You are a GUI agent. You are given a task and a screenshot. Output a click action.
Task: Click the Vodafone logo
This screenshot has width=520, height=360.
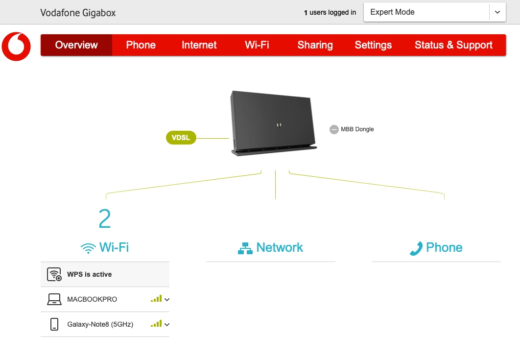[16, 47]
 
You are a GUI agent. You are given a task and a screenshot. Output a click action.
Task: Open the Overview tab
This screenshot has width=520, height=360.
[76, 45]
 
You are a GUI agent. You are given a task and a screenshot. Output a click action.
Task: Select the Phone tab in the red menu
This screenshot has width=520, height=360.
[141, 45]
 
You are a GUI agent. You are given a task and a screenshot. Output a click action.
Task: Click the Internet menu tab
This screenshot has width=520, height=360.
[199, 45]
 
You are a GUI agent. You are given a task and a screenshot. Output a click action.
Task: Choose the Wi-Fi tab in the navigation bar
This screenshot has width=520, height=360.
[257, 45]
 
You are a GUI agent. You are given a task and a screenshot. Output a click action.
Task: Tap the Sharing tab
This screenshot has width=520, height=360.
[315, 45]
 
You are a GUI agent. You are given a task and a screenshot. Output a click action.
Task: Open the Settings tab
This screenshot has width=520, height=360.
[373, 45]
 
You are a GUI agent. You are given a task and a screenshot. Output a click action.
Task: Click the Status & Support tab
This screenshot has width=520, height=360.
[453, 45]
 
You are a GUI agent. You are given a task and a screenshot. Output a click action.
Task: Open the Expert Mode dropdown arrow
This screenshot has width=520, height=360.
[497, 12]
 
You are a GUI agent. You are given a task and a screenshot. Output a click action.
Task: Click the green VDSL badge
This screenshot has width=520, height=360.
[181, 138]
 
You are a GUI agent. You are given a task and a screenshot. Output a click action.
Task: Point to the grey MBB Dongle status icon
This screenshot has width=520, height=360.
[334, 129]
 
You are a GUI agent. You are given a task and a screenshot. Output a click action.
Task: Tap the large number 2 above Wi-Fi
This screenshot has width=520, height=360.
[105, 219]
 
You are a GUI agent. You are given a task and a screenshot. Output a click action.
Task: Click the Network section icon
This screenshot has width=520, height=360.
[245, 248]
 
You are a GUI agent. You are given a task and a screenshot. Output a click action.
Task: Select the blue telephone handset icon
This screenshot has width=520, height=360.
[416, 248]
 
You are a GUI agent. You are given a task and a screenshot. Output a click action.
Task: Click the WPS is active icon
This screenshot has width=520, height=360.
[54, 274]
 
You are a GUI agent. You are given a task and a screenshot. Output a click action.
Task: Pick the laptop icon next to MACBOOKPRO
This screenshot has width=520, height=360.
[54, 299]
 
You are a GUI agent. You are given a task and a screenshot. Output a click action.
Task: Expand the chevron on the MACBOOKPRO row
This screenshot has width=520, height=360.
[167, 299]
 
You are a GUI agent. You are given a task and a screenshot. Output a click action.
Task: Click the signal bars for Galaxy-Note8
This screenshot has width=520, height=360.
[156, 324]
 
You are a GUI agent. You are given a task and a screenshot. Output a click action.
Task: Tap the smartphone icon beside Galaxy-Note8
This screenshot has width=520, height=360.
[54, 324]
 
